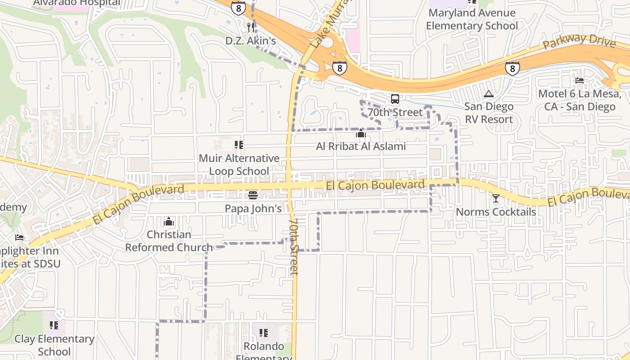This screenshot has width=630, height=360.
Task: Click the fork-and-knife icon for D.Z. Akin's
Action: coord(251,27)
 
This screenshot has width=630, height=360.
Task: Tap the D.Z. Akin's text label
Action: coord(251,41)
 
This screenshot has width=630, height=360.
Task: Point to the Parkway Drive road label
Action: coord(579,41)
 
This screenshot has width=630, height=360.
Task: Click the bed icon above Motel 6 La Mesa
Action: coord(580,81)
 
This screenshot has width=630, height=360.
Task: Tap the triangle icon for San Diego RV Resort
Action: coord(488,94)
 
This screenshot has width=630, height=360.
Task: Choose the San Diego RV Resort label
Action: coord(489,113)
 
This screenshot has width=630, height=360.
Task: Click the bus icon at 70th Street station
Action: coord(395,99)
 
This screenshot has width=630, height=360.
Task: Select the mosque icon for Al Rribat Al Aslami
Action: coord(360,133)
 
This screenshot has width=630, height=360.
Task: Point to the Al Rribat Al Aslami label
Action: coord(360,146)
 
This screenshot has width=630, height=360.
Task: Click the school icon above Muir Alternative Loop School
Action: coord(239,145)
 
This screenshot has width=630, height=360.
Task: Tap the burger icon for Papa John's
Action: coord(253,195)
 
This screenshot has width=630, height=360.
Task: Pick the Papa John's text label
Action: coord(253,208)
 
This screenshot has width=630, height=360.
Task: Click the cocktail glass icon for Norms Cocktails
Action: coord(496,198)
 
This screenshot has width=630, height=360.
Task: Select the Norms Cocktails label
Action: coord(496,211)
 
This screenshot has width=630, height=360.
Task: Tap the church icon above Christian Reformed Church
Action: coord(169,221)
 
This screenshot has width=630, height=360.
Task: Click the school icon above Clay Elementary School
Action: coord(54,325)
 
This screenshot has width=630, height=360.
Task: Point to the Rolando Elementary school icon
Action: coord(264,333)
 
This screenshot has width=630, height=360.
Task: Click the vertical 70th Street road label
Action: coord(294,247)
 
